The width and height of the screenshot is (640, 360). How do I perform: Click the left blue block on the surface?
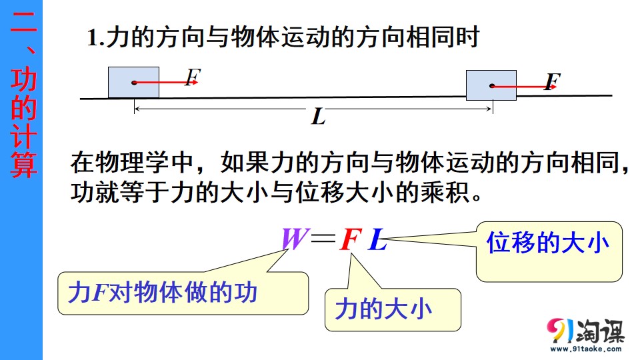click(x=133, y=83)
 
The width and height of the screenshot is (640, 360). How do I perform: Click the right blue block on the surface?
click(x=491, y=85)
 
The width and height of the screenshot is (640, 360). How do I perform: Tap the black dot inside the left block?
click(x=134, y=83)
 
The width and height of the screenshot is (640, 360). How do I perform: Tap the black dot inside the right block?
click(x=492, y=86)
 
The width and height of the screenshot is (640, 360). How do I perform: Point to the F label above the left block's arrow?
click(x=193, y=77)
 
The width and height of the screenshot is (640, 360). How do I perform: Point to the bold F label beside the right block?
click(x=553, y=81)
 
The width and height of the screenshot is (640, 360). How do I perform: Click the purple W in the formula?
click(x=294, y=239)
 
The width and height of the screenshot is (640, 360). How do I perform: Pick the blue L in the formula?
click(x=377, y=239)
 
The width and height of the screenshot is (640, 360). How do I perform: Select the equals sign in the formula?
click(x=323, y=238)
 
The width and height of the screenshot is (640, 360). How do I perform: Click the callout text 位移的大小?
click(x=548, y=243)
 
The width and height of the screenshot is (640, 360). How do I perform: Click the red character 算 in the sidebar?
click(x=24, y=165)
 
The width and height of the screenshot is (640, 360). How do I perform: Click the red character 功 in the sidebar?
click(x=24, y=79)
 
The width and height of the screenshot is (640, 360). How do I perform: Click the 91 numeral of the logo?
click(x=561, y=330)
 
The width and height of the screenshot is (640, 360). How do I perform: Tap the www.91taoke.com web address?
click(x=586, y=349)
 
